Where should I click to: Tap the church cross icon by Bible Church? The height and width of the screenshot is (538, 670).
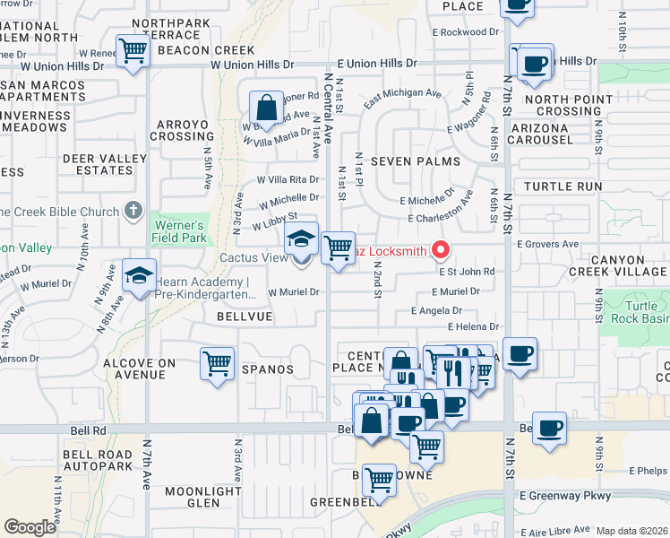[133, 211]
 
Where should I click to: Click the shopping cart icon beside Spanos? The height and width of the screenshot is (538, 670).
[217, 363]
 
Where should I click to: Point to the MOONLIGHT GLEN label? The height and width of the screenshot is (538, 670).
[203, 497]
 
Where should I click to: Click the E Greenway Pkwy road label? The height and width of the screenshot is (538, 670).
[563, 495]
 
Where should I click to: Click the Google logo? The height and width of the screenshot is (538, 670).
[30, 527]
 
